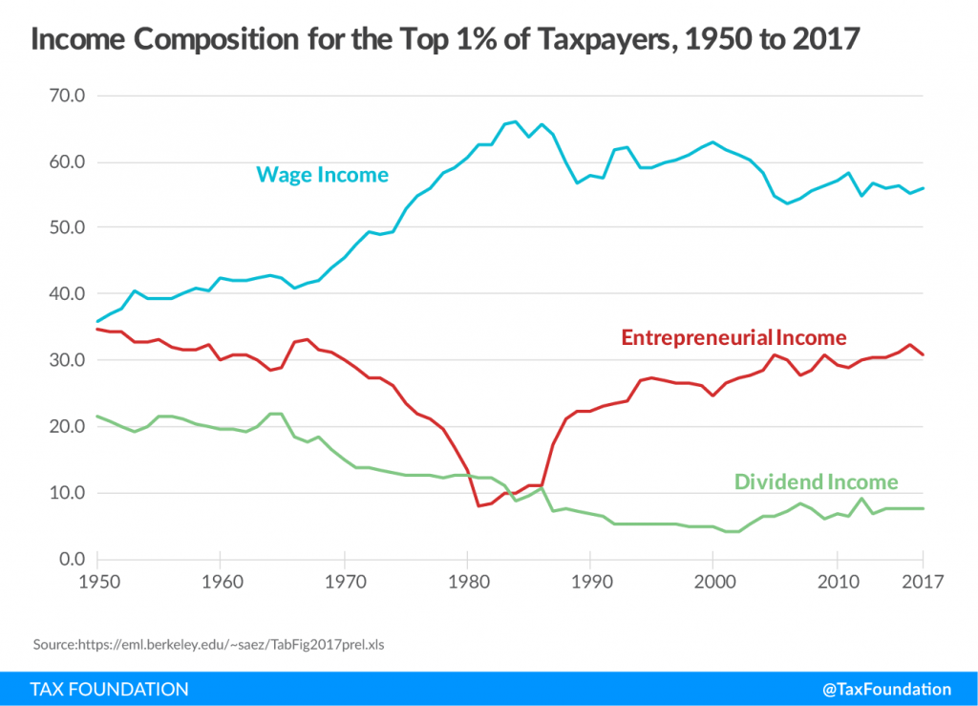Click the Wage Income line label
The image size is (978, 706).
[x=322, y=175]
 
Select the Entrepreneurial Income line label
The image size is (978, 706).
[x=733, y=337]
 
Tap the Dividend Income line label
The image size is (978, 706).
[x=816, y=482]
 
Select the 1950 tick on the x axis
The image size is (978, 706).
[x=96, y=582]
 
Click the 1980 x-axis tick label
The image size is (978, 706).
[x=466, y=582]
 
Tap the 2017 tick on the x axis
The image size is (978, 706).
[x=924, y=582]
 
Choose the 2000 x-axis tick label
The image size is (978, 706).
[x=712, y=582]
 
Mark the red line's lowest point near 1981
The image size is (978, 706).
[x=478, y=505]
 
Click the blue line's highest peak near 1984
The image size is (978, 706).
[x=516, y=121]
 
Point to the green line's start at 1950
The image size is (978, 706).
[x=96, y=416]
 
